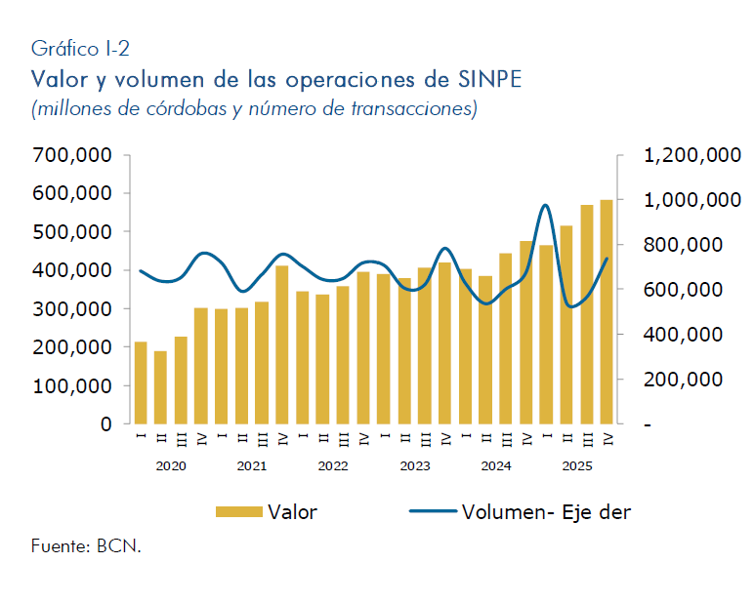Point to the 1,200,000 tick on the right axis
coord(690,155)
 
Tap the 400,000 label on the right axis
coord(690,335)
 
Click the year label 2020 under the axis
coord(171,466)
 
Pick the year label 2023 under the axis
coord(415,466)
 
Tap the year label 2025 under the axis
coord(577,466)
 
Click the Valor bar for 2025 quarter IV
coord(607,312)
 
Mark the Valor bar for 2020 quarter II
coord(161,387)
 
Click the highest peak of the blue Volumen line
coord(545,205)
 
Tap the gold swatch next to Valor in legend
coord(238,511)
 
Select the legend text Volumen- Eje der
coord(546,511)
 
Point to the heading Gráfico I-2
coord(80,47)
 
